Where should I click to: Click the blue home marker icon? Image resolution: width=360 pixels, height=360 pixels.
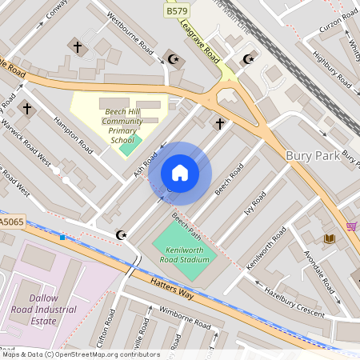pos(180,173)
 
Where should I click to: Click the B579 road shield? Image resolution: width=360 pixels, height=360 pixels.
pos(177,10)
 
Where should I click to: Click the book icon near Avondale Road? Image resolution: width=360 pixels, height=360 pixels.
pos(329,238)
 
